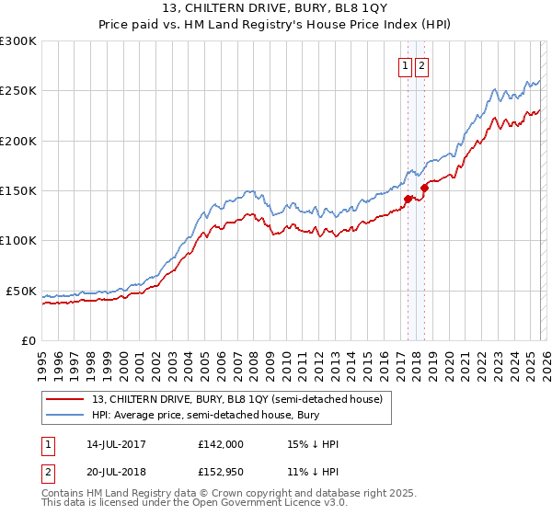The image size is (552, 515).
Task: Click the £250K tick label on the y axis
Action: click(x=18, y=91)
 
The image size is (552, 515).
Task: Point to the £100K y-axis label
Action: click(x=18, y=241)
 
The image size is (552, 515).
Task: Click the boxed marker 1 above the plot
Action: click(x=405, y=65)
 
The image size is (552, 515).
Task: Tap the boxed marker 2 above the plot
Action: click(x=421, y=65)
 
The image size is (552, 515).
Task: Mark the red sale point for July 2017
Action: click(x=407, y=197)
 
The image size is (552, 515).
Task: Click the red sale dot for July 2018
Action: click(x=423, y=188)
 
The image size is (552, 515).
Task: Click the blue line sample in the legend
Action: click(x=66, y=415)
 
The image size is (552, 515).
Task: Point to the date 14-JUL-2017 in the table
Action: click(x=111, y=444)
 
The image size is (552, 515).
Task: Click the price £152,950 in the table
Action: click(x=221, y=472)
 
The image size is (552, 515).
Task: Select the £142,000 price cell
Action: click(x=221, y=444)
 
